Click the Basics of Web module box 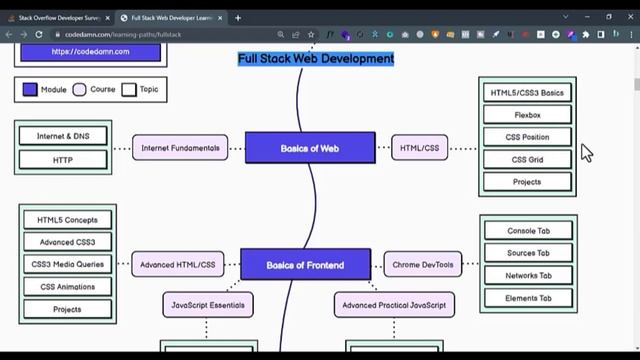[310, 148]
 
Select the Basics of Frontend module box [305, 265]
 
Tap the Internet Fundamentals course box [180, 148]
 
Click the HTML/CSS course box [419, 148]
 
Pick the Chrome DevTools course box [423, 265]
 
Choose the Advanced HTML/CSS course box [178, 265]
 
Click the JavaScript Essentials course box [208, 304]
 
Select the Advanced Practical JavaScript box [393, 304]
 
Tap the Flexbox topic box [527, 115]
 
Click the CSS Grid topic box [527, 159]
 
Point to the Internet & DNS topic [62, 136]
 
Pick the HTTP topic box [62, 159]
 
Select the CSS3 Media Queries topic [67, 265]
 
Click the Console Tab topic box [529, 231]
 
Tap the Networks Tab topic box [529, 276]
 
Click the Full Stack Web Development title [316, 59]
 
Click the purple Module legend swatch [30, 89]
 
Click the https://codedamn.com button [90, 51]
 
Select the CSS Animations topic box [67, 287]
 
